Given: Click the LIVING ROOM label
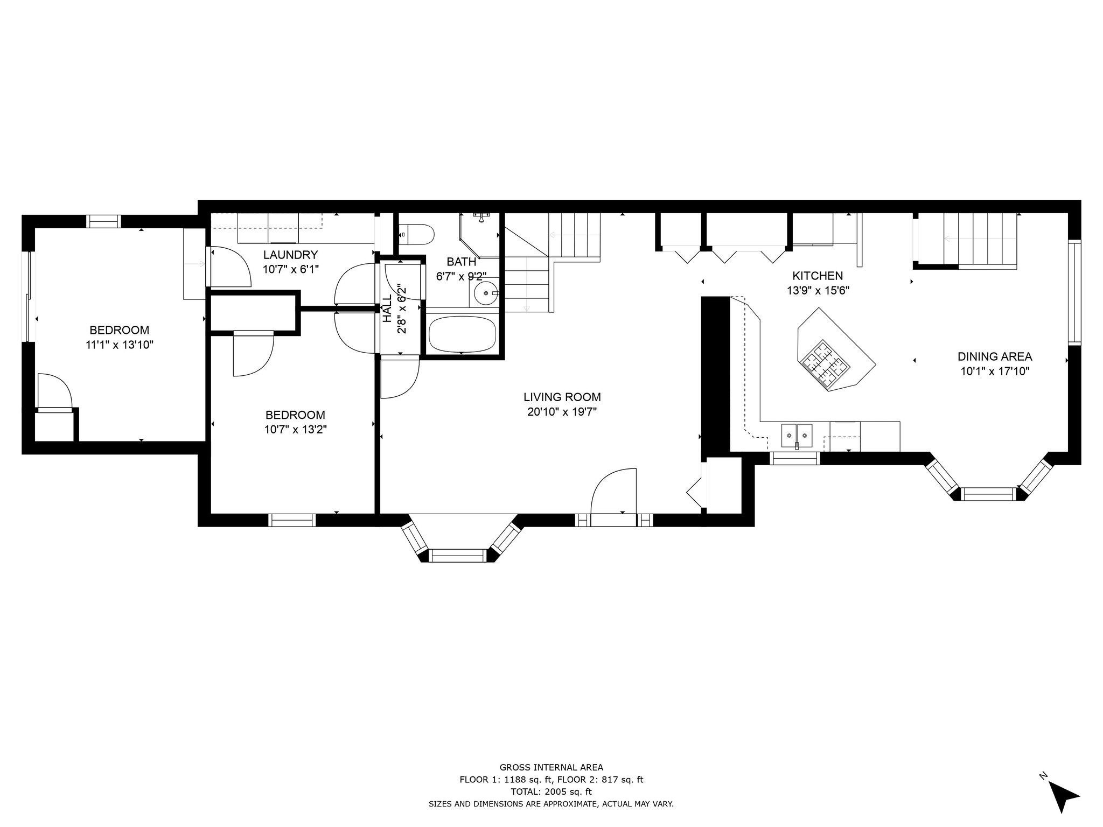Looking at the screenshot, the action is pos(562,397).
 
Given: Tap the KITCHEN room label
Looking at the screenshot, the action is pos(818,276).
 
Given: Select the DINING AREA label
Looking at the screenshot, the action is pos(995,356).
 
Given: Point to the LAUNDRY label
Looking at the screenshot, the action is pos(291,255).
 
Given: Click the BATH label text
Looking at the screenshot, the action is pos(462,262).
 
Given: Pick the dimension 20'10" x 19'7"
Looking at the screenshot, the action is pos(562,412).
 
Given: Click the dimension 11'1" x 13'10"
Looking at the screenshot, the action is pos(120,345).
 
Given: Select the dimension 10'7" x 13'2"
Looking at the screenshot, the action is pos(295,430).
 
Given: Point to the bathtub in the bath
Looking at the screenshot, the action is pos(462,333).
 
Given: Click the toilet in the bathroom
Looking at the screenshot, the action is pos(417,235).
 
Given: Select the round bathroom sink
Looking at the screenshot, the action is pos(487,293).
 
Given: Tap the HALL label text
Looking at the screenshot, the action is pos(387,308).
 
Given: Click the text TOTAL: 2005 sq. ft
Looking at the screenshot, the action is pos(551,791).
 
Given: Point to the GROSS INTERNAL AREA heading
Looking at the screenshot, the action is pos(551,768).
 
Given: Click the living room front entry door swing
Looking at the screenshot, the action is pos(613,491).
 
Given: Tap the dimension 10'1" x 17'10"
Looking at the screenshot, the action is pos(995,372).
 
